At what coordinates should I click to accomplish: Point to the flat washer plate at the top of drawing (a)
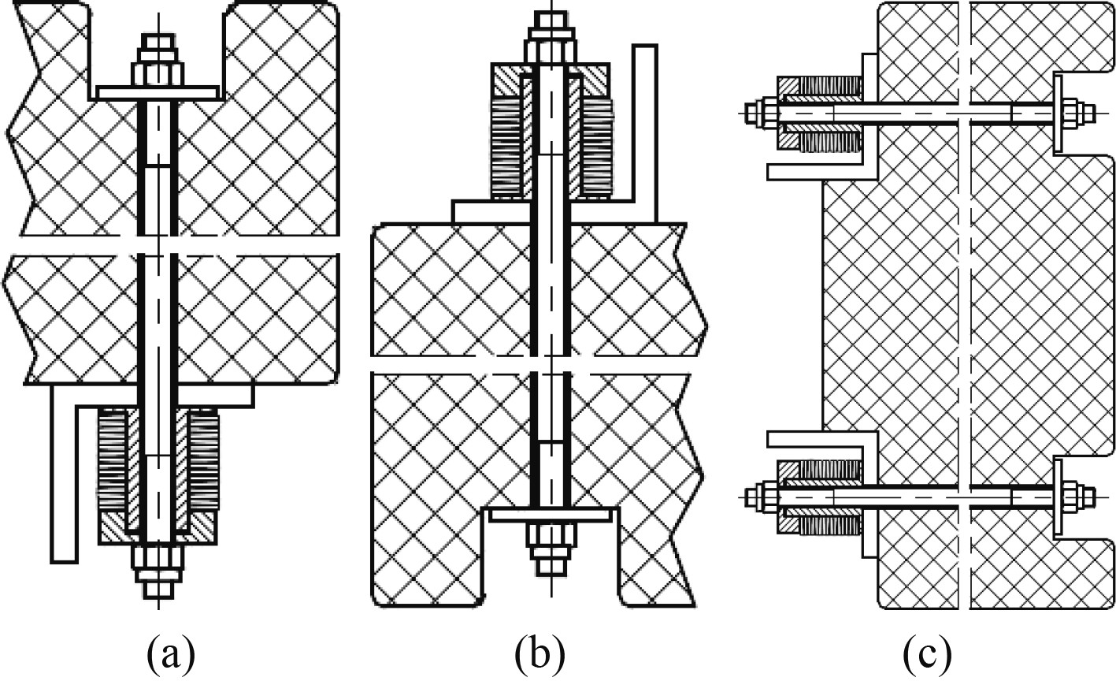click(158, 93)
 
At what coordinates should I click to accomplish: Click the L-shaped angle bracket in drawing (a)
click(64, 473)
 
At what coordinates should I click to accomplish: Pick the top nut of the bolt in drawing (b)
click(551, 52)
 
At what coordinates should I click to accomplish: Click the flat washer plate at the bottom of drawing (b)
click(551, 515)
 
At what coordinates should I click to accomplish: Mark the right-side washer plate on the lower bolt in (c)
click(1056, 497)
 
